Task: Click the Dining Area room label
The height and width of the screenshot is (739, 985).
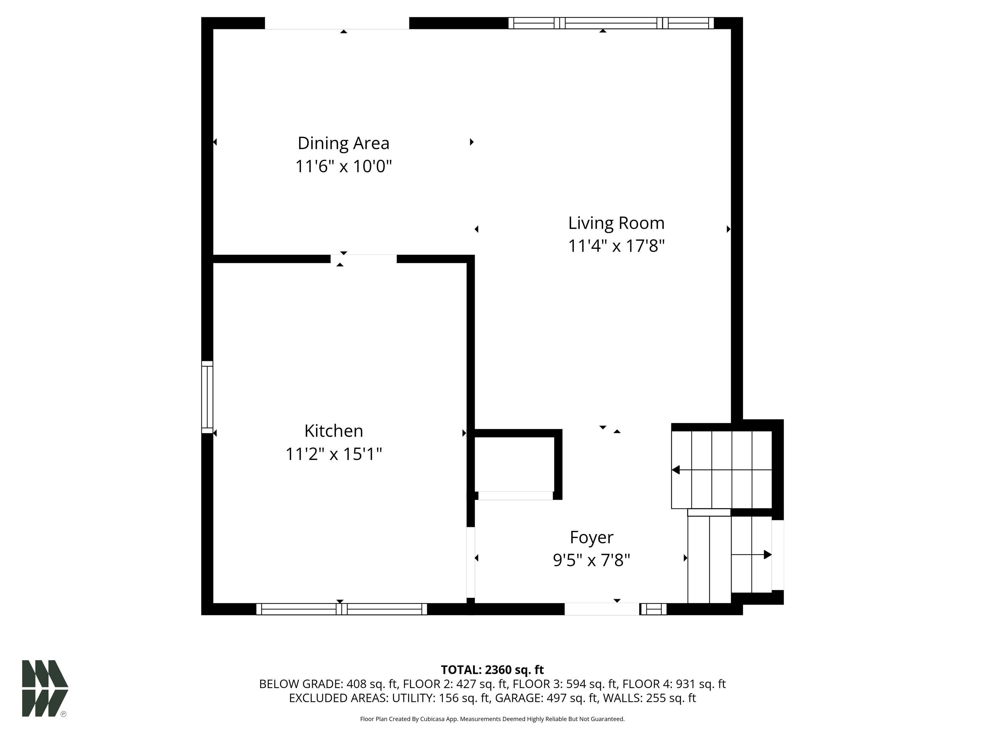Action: (x=343, y=143)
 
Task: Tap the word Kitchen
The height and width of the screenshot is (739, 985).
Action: (x=333, y=431)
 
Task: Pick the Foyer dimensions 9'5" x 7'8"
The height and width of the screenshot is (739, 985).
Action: (x=591, y=560)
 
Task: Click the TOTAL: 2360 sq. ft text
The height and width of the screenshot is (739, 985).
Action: (x=492, y=669)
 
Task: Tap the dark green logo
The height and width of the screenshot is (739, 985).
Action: (x=45, y=688)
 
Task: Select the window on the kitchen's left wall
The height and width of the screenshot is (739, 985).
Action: (x=207, y=397)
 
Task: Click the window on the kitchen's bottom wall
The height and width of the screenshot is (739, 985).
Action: (x=341, y=609)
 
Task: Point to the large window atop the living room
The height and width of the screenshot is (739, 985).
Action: (x=611, y=23)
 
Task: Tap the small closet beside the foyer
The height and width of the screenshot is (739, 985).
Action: (x=514, y=464)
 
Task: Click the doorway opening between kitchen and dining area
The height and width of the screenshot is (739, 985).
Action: (x=363, y=259)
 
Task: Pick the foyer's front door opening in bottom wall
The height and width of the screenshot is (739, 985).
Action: (x=602, y=609)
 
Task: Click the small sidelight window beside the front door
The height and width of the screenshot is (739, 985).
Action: (x=653, y=609)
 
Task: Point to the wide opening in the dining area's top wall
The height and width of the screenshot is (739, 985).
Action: (x=337, y=23)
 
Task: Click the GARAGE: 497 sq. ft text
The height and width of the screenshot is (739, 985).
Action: (x=546, y=698)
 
